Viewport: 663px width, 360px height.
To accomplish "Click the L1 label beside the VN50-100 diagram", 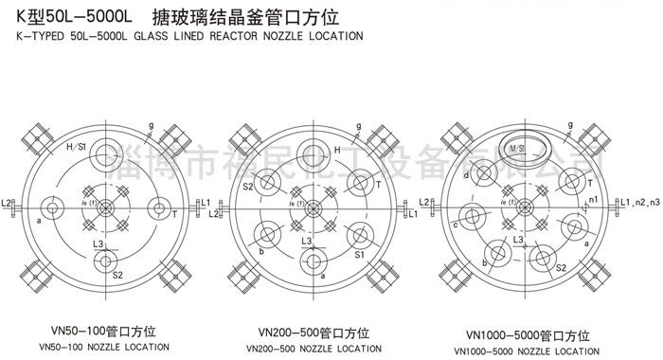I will point(204,204).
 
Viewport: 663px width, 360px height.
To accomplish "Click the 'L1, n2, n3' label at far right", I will point(638,203).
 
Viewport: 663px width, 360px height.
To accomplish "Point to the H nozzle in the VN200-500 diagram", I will point(312,153).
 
